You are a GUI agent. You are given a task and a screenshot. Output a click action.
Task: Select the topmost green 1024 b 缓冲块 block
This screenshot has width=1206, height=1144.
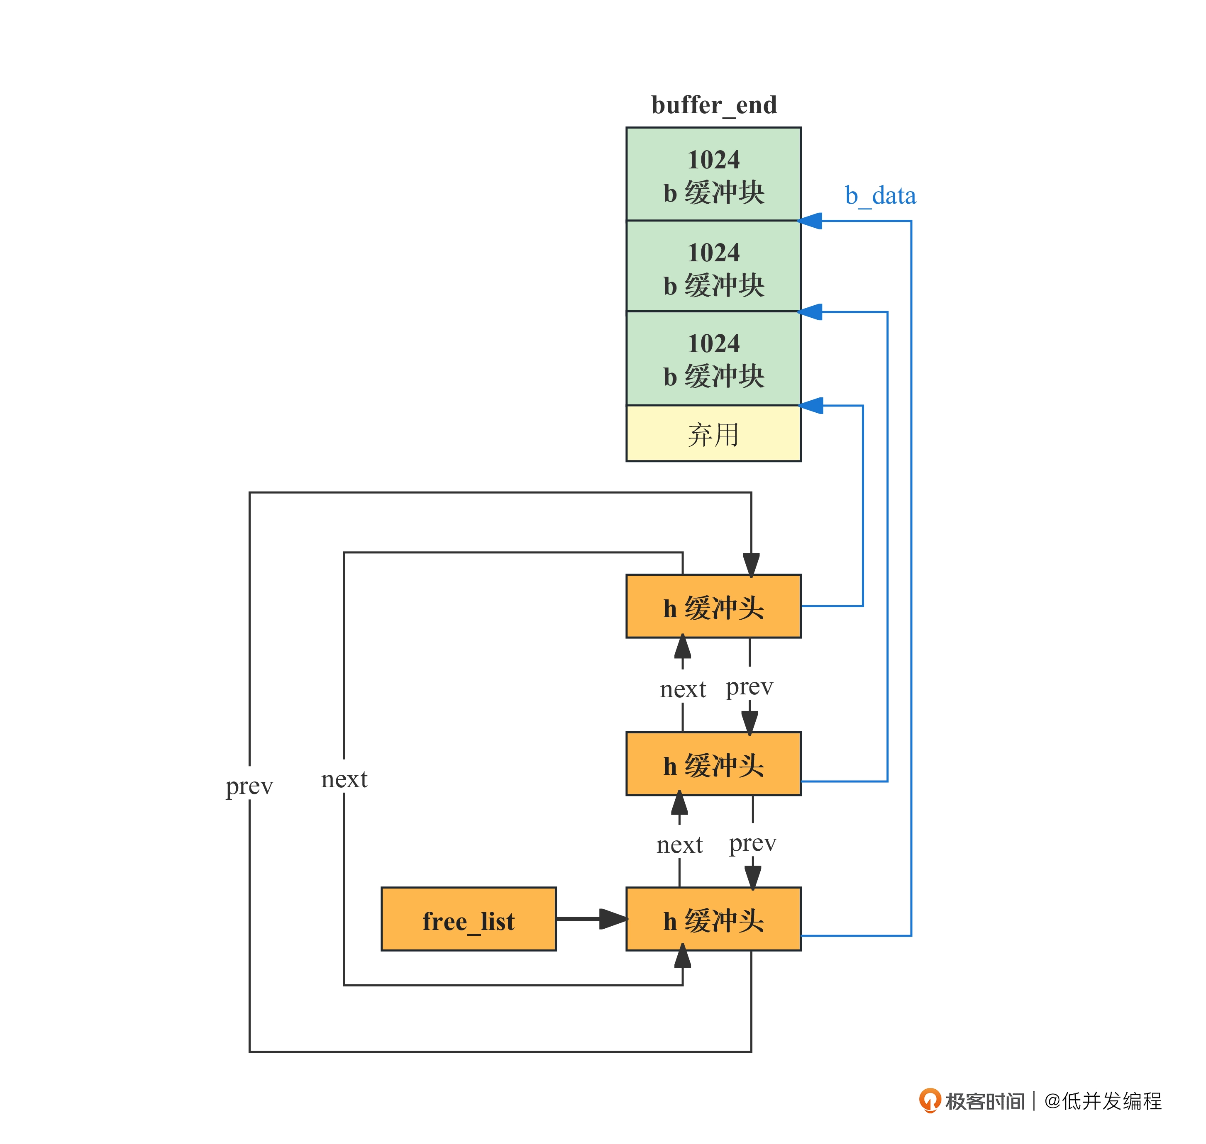tap(713, 174)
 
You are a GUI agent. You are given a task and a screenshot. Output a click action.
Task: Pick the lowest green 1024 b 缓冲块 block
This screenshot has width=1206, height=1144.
tap(713, 358)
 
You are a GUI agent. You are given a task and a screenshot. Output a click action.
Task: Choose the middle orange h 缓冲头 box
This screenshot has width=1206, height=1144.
tap(713, 764)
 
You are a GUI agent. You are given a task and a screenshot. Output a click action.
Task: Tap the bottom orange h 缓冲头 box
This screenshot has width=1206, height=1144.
tap(713, 920)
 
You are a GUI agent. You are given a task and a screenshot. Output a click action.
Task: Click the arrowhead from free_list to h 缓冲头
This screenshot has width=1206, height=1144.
tap(613, 919)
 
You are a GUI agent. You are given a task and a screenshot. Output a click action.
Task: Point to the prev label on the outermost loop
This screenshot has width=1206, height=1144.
tap(249, 786)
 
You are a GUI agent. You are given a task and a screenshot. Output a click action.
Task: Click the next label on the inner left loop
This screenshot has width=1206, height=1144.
tap(344, 779)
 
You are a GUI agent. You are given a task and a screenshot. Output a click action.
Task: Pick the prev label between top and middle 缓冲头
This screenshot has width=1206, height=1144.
tap(749, 687)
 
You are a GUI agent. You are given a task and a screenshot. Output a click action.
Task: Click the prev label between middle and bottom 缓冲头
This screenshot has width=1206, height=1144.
tap(753, 843)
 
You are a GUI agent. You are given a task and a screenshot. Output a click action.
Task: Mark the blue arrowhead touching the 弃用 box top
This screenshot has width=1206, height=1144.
tap(811, 406)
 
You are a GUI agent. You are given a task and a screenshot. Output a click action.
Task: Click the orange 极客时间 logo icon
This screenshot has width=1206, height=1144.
tap(930, 1100)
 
